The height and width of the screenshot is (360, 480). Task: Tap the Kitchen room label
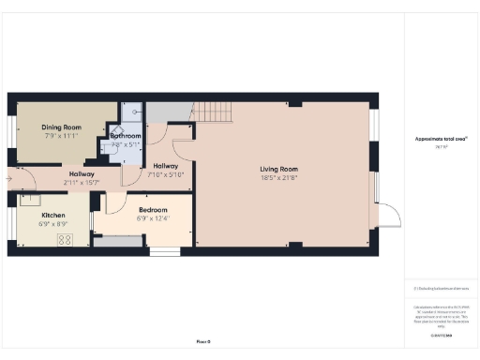pos(52,215)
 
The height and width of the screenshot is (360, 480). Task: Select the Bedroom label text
pos(152,210)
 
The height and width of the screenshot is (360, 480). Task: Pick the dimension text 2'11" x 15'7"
pos(82,182)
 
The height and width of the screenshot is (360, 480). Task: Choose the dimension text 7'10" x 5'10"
pos(168,174)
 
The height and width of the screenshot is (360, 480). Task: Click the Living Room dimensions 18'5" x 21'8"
pos(279,177)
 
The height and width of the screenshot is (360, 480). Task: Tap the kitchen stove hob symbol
pos(66,239)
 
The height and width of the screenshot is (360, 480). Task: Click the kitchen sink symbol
pos(30,199)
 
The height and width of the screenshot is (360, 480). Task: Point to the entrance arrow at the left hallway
pos(8,175)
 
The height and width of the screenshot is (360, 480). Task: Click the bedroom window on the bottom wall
pos(164,250)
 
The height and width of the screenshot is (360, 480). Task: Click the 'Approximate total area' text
pos(441,139)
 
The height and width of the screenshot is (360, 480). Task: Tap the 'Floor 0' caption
pos(202,341)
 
